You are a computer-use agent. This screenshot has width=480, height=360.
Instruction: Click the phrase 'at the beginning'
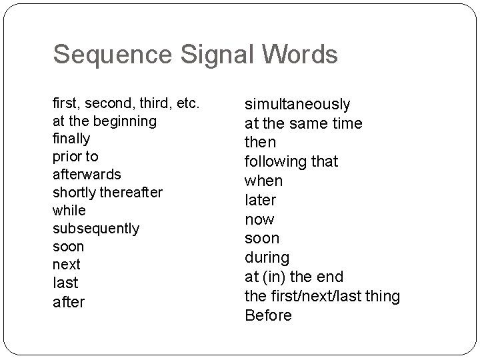(105, 121)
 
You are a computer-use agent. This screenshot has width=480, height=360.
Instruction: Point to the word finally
(71, 139)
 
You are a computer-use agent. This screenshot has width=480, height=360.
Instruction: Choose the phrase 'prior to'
(75, 157)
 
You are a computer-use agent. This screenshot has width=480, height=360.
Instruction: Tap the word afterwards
(87, 174)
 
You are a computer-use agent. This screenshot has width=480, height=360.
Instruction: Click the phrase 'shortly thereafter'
(107, 192)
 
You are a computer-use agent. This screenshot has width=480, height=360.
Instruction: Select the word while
(69, 210)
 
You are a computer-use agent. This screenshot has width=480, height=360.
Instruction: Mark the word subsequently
(96, 228)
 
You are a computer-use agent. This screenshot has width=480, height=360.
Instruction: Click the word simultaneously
(297, 104)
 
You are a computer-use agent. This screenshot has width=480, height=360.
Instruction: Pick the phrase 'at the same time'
(303, 123)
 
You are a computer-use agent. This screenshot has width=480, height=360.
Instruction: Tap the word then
(261, 143)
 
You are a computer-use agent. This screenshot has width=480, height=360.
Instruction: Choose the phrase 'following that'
(291, 161)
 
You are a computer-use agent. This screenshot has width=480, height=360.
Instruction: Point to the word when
(264, 181)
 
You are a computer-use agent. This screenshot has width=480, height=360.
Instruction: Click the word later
(261, 200)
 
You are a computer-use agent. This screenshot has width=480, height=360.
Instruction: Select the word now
(260, 219)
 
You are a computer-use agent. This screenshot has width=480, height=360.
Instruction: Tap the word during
(267, 257)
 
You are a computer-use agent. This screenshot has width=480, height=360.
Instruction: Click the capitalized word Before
(269, 315)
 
